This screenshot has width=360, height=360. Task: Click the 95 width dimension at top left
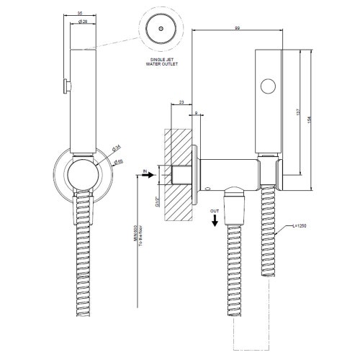(81, 14)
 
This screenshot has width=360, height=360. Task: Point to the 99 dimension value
(237, 28)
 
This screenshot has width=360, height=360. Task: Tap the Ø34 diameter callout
(115, 149)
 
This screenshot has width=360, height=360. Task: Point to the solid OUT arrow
(215, 220)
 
